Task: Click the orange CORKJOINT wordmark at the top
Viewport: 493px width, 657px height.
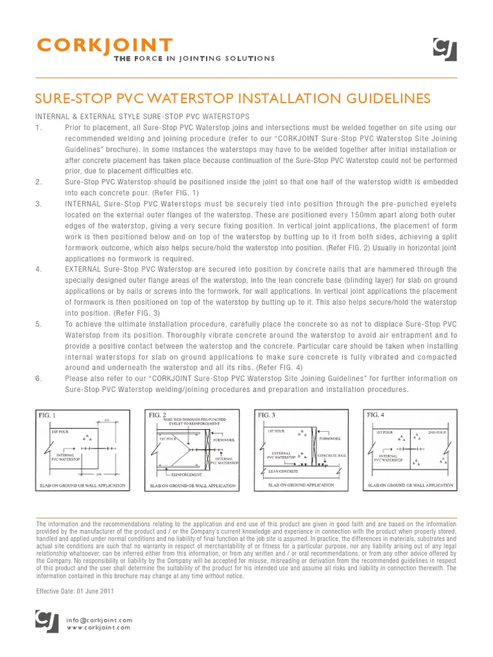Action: click(105, 46)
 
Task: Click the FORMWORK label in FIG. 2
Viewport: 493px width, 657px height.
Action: click(224, 439)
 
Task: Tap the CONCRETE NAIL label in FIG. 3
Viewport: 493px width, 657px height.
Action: click(333, 456)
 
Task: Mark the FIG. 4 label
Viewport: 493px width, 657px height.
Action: click(376, 415)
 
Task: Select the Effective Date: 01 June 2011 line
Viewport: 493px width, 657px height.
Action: click(74, 591)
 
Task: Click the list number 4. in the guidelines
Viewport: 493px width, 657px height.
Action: click(39, 269)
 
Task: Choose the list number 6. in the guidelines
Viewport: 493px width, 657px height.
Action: click(39, 379)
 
